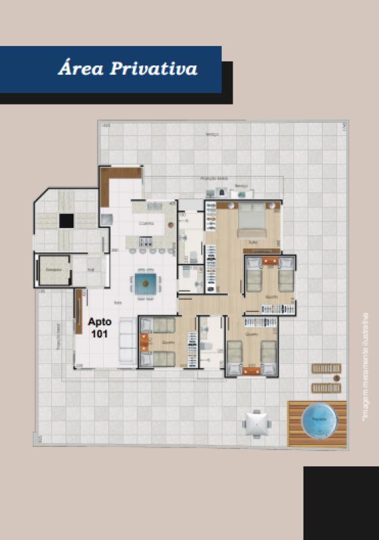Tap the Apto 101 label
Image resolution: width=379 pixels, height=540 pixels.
click(100, 327)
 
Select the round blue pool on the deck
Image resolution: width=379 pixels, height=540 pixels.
click(318, 422)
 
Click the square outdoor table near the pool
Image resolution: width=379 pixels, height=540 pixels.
click(256, 424)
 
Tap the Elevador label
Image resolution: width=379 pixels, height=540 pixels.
click(53, 270)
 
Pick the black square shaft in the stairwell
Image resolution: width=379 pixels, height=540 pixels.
click(66, 220)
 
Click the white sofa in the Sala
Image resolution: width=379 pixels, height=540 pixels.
click(127, 342)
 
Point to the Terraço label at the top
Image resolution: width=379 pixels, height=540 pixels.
click(213, 135)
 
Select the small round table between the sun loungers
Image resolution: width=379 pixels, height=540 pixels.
click(326, 378)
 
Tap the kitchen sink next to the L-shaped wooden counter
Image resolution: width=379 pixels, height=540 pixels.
click(107, 217)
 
